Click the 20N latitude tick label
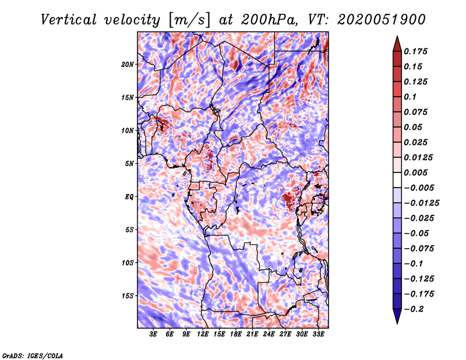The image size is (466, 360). click(x=128, y=65)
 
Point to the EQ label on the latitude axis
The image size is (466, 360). click(x=129, y=197)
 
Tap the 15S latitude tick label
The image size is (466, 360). click(x=128, y=296)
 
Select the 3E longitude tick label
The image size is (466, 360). click(x=153, y=334)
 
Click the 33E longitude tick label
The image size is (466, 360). click(x=318, y=334)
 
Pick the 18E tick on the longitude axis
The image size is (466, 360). click(x=236, y=334)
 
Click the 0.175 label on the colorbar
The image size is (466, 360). click(x=416, y=51)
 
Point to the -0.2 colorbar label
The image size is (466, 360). click(x=414, y=309)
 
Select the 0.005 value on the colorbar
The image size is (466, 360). click(x=416, y=172)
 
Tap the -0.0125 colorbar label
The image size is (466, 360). click(x=422, y=203)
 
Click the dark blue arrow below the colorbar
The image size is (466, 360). click(x=397, y=316)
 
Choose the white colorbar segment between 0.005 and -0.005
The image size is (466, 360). click(x=397, y=180)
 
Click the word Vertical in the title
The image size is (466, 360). click(x=69, y=20)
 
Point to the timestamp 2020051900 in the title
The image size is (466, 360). click(x=382, y=20)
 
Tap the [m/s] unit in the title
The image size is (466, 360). click(x=189, y=20)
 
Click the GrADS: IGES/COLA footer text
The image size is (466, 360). click(x=33, y=356)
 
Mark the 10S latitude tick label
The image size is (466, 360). click(x=128, y=263)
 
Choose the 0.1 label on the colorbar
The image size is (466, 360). click(x=411, y=97)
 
